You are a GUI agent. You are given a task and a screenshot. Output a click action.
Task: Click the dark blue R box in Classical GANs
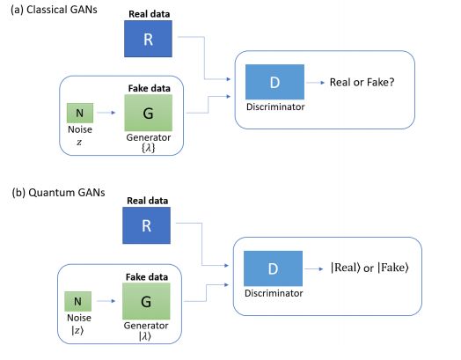(x=148, y=39)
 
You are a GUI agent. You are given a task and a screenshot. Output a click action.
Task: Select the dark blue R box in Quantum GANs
(x=146, y=225)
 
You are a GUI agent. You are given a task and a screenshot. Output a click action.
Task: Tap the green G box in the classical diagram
(x=149, y=113)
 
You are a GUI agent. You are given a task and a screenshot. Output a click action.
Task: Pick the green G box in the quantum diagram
(x=146, y=301)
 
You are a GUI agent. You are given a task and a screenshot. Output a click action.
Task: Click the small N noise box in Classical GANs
(x=80, y=113)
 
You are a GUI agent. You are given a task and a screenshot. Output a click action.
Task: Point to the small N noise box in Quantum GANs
(x=78, y=302)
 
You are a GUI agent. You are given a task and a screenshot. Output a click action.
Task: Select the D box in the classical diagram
(x=274, y=82)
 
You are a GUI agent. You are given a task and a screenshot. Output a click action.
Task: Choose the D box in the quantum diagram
(x=273, y=268)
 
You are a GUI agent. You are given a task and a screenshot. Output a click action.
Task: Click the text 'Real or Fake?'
(x=362, y=82)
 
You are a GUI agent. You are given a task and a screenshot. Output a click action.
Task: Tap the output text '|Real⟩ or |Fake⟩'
(x=370, y=268)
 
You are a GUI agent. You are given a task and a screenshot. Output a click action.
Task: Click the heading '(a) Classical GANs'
(x=54, y=10)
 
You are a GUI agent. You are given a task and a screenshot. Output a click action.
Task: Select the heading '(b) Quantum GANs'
(x=58, y=193)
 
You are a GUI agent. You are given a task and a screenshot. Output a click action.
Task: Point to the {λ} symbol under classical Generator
(x=148, y=148)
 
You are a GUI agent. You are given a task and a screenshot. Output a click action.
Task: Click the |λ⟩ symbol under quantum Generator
(x=145, y=336)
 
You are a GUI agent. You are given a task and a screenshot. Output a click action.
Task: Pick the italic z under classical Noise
(x=79, y=143)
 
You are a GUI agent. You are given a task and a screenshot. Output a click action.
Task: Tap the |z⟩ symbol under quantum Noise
(x=77, y=331)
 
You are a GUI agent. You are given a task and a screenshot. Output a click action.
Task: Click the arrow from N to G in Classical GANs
(x=106, y=113)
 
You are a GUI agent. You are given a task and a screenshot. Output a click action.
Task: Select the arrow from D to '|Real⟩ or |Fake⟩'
(x=314, y=268)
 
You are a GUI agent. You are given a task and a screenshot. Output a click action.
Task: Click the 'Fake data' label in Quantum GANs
(x=147, y=277)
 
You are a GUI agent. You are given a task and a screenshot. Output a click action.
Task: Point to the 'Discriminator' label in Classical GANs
(x=275, y=107)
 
